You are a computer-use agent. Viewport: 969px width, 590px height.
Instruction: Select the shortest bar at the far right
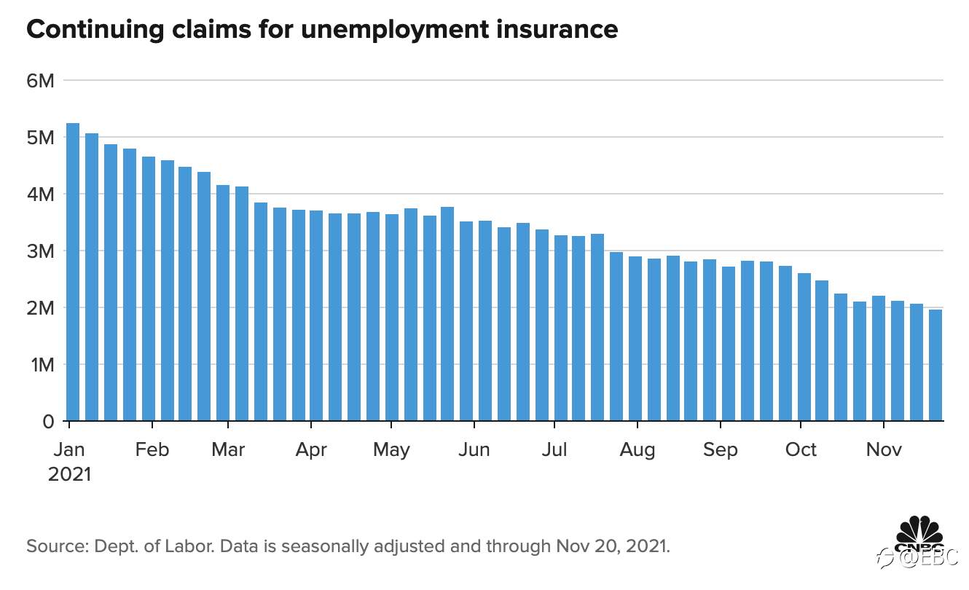[x=935, y=365]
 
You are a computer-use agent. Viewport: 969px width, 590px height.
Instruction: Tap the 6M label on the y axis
[x=41, y=80]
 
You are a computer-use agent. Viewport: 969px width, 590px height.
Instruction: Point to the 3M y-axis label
[x=41, y=251]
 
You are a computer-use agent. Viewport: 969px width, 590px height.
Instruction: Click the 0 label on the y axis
[x=49, y=421]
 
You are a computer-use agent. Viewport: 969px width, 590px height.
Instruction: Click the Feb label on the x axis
[x=152, y=449]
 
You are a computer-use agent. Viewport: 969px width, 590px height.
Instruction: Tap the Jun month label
[x=474, y=449]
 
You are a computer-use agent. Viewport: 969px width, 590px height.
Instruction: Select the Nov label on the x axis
[x=884, y=449]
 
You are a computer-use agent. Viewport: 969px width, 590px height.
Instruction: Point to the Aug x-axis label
[x=637, y=449]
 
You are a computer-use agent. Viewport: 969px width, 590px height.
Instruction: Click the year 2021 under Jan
[x=70, y=474]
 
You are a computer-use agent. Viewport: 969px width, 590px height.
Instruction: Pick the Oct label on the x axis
[x=801, y=449]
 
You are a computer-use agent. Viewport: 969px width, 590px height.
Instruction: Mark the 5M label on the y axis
[x=41, y=137]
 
